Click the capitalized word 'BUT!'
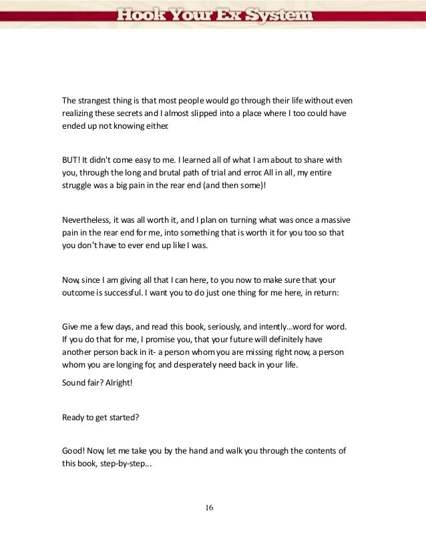pyautogui.click(x=71, y=160)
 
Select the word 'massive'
pyautogui.click(x=333, y=219)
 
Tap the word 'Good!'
pyautogui.click(x=73, y=451)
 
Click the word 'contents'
pyautogui.click(x=318, y=451)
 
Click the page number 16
pyautogui.click(x=209, y=508)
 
